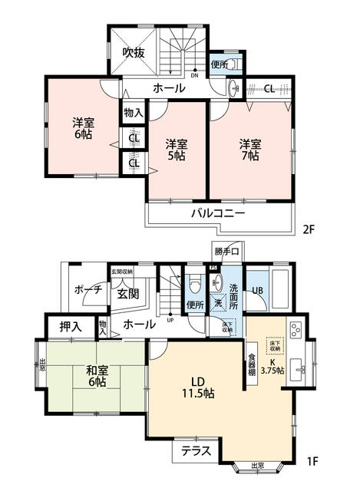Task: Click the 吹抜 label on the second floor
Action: pos(134,53)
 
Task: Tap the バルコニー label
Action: pos(218,213)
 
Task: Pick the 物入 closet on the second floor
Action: pos(134,112)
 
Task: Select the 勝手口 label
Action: pos(226,252)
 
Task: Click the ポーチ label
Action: pos(84,291)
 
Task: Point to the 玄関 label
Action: pos(127,295)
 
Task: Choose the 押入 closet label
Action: pos(72,326)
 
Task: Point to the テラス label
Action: pos(197,452)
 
